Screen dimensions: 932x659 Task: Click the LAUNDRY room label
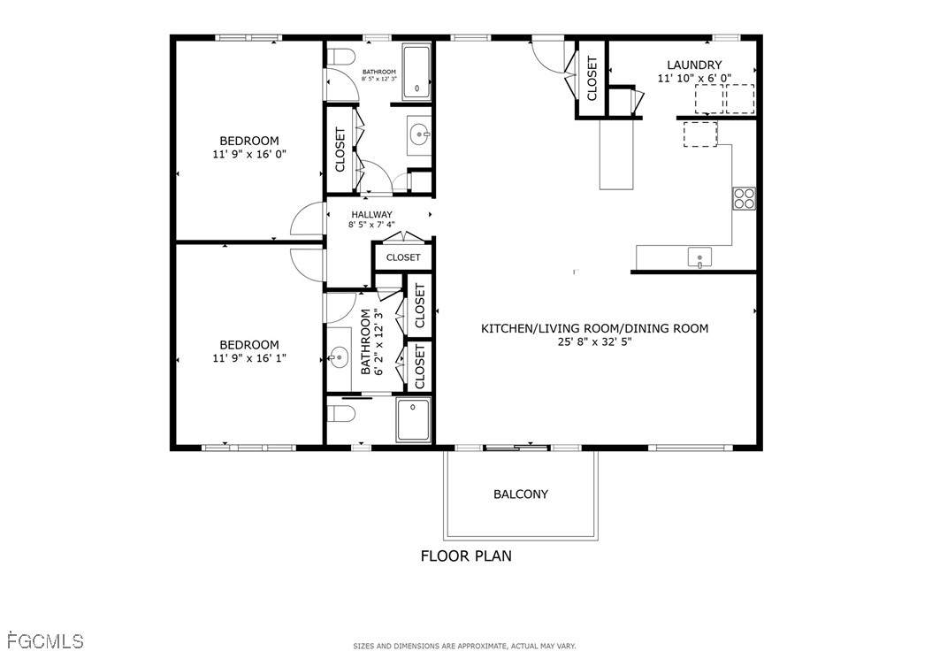694,65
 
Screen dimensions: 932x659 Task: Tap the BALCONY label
521,494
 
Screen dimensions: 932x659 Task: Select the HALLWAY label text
371,214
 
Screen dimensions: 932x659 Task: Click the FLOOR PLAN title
466,556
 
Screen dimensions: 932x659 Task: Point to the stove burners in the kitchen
745,198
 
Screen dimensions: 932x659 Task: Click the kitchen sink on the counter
699,257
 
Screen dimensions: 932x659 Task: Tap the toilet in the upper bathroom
340,57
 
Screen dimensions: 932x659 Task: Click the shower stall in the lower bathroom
414,420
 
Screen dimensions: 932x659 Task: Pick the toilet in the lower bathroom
342,413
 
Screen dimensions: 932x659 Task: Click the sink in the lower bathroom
339,358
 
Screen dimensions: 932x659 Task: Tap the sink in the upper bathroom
420,135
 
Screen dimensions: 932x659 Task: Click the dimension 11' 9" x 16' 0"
249,154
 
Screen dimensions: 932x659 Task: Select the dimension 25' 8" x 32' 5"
594,341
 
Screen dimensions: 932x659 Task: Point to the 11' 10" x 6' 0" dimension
694,78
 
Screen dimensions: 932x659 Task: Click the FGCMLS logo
45,641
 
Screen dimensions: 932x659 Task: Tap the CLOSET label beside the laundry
592,79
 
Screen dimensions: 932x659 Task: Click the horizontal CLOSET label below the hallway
403,257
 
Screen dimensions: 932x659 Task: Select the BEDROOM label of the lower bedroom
249,345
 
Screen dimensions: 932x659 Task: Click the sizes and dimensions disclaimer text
464,646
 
